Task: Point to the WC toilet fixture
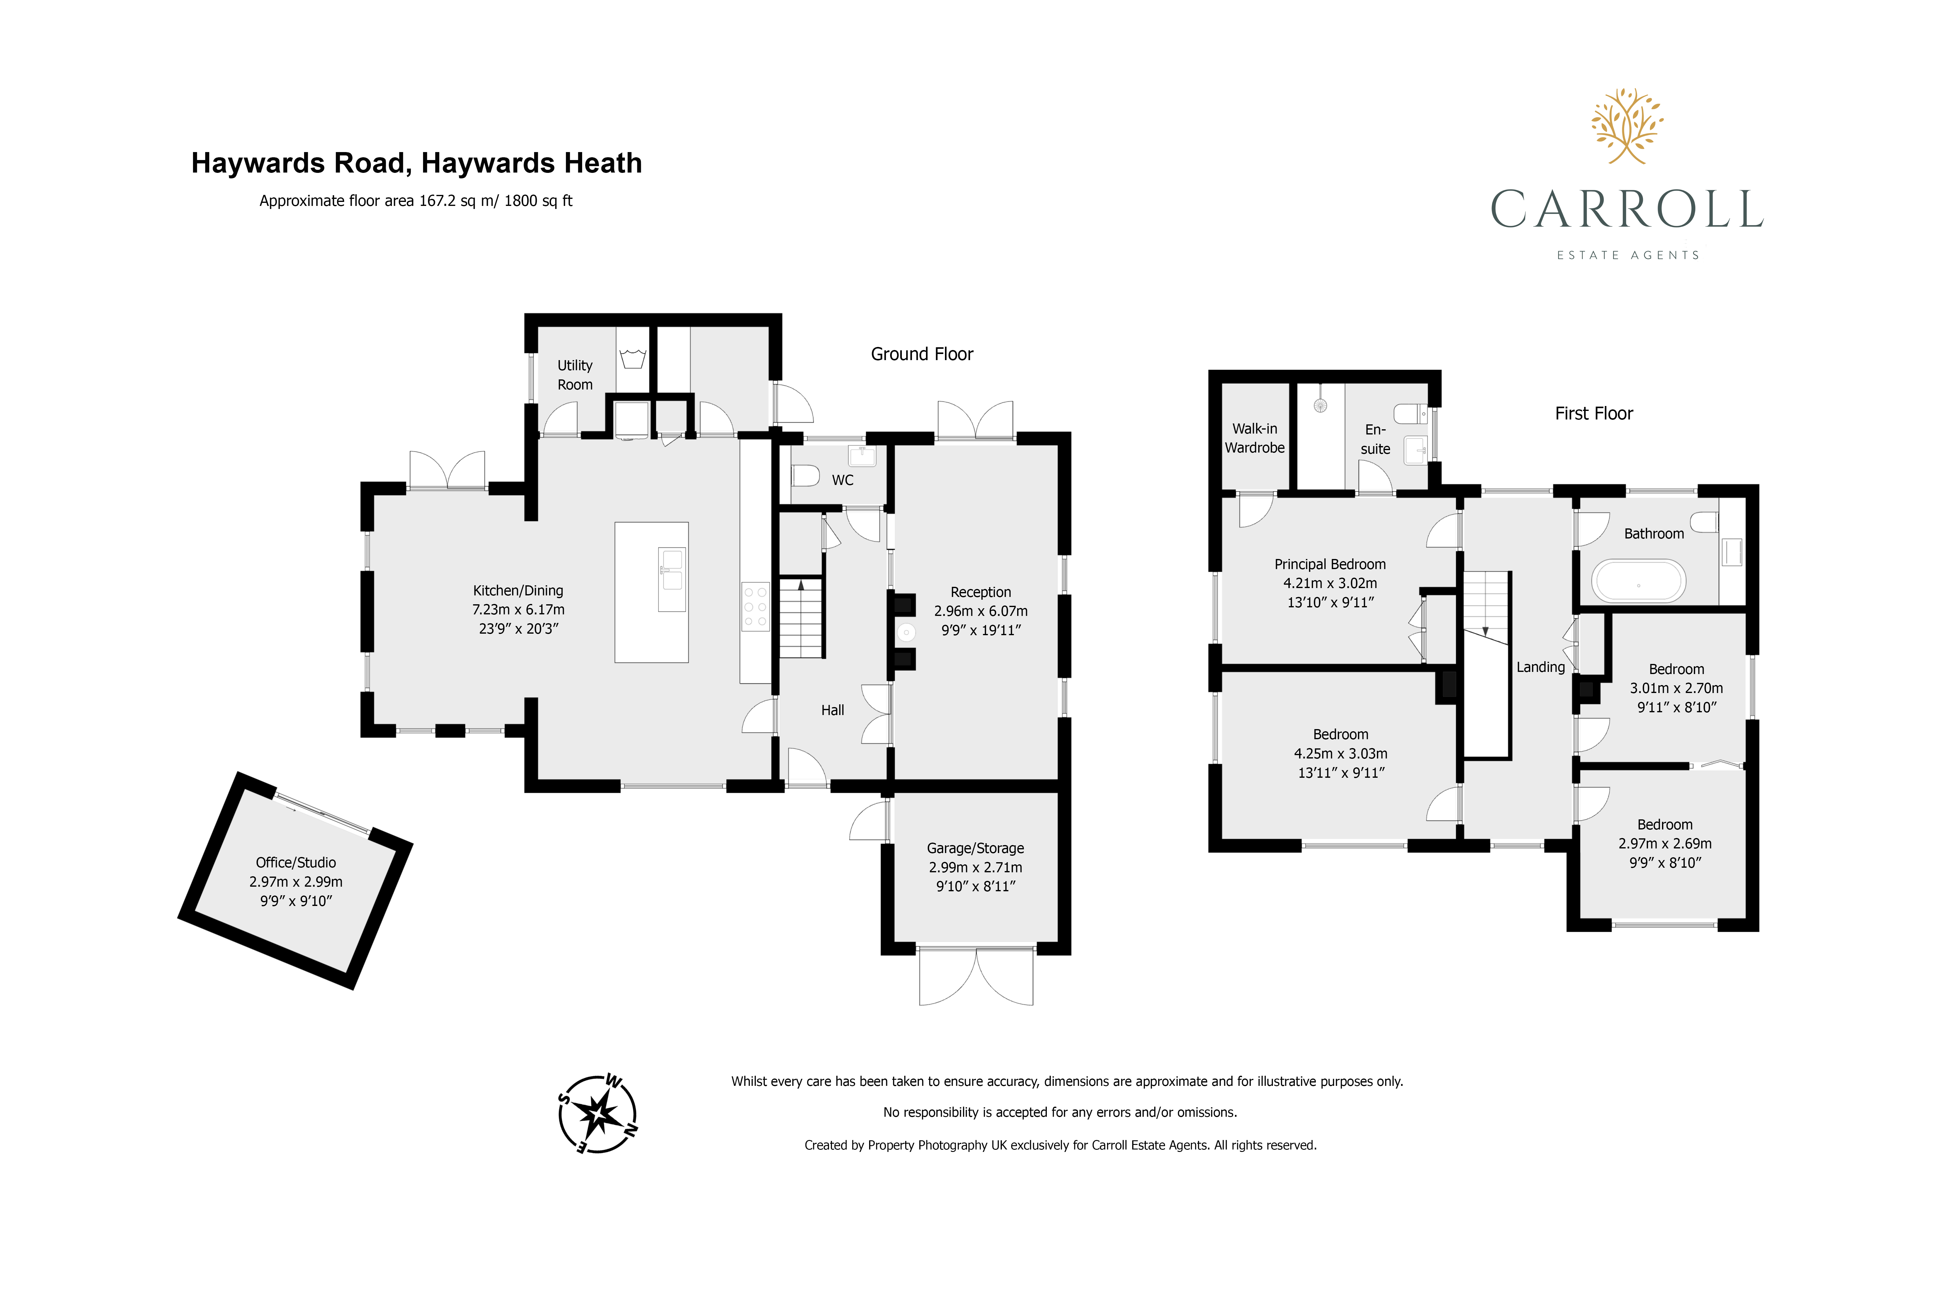pos(805,476)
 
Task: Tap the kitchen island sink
pos(672,580)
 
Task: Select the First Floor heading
pos(1593,413)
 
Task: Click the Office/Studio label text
pos(296,863)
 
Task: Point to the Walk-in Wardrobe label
pos(1255,438)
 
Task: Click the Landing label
pos(1540,667)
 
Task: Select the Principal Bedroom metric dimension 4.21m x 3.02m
pos(1330,583)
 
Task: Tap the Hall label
pos(832,710)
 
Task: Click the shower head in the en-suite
pos(1320,406)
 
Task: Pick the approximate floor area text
pos(416,200)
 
